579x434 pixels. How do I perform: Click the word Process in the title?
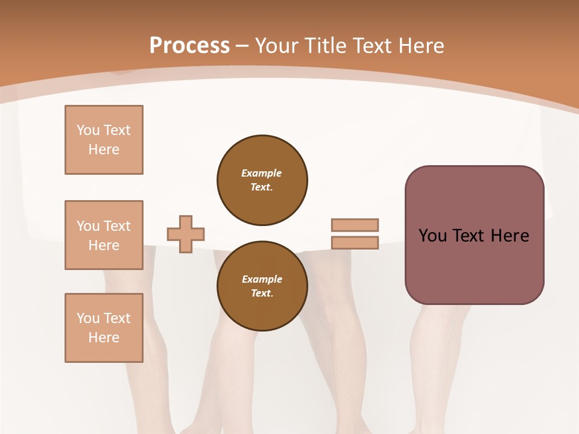pyautogui.click(x=189, y=45)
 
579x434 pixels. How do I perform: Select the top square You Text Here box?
pyautogui.click(x=104, y=140)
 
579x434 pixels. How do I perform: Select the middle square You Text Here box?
pyautogui.click(x=104, y=235)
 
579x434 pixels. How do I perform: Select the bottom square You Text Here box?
pyautogui.click(x=104, y=328)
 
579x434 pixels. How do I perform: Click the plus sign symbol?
pyautogui.click(x=185, y=234)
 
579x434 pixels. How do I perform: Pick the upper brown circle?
pyautogui.click(x=262, y=180)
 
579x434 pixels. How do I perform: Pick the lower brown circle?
pyautogui.click(x=262, y=286)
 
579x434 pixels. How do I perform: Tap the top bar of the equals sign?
pyautogui.click(x=355, y=225)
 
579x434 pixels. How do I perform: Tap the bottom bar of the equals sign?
pyautogui.click(x=355, y=243)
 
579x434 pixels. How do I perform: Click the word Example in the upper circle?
pyautogui.click(x=261, y=173)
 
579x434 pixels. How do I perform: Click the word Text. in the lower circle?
pyautogui.click(x=261, y=294)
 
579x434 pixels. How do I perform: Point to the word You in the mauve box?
pyautogui.click(x=432, y=236)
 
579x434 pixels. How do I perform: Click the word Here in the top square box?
pyautogui.click(x=104, y=149)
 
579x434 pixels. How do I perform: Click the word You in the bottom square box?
pyautogui.click(x=88, y=318)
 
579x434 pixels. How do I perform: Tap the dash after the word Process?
pyautogui.click(x=242, y=46)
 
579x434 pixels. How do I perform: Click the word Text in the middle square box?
pyautogui.click(x=116, y=226)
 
